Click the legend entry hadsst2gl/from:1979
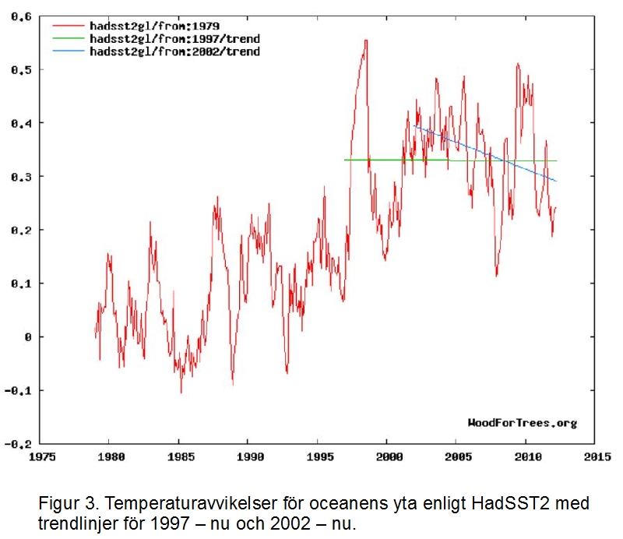click(154, 26)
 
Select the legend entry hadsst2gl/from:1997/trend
click(174, 38)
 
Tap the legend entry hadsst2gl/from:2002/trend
click(174, 51)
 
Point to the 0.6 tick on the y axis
click(20, 16)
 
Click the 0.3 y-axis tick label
click(20, 177)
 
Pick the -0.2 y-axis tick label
click(18, 444)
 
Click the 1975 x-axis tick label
click(40, 457)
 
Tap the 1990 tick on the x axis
click(249, 457)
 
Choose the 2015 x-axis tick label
click(597, 457)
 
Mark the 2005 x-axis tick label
click(458, 457)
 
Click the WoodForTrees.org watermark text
click(522, 423)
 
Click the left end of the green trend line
click(345, 160)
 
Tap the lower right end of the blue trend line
click(557, 181)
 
